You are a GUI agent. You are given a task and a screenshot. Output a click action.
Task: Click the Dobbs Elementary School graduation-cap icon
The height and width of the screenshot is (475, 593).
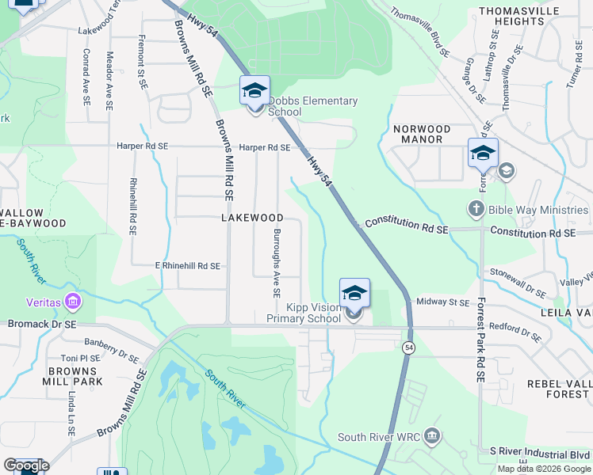(x=255, y=92)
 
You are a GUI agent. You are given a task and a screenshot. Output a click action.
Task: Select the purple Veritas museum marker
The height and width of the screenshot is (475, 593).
(x=73, y=301)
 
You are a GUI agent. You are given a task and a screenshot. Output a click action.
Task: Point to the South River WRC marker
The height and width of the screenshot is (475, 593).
(x=431, y=436)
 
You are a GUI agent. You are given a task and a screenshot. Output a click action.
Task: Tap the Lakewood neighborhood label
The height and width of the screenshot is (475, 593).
(x=252, y=217)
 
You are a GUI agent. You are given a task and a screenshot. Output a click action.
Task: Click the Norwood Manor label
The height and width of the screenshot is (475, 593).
(x=422, y=134)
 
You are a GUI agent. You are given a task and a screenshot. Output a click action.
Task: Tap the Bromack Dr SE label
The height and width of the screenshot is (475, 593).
(x=42, y=324)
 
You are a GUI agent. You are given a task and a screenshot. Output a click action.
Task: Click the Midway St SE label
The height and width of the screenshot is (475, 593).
(x=443, y=302)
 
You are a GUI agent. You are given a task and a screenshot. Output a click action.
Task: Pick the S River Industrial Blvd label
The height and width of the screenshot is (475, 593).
(x=539, y=450)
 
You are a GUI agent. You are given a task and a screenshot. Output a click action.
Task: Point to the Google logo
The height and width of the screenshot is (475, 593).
(x=26, y=465)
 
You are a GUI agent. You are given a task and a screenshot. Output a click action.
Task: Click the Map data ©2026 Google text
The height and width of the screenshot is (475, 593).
(x=543, y=469)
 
